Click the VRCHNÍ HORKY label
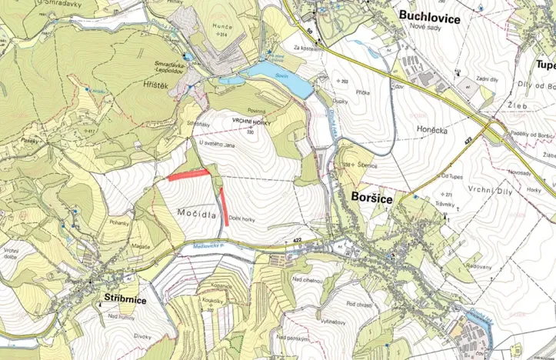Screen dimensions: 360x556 tap(248, 122)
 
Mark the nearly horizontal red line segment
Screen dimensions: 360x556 tap(188, 174)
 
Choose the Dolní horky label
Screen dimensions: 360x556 tap(241, 218)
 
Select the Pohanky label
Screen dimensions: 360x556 tap(119, 222)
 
